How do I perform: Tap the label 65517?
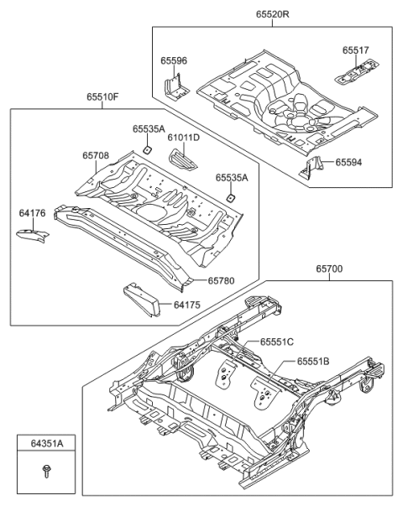[x=354, y=50]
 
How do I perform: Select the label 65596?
[x=174, y=60]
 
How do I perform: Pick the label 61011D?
[x=182, y=137]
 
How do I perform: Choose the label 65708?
[x=95, y=155]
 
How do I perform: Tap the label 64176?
[x=32, y=215]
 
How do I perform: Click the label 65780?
[x=222, y=282]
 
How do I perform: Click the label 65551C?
[x=276, y=342]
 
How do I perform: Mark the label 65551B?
[x=312, y=362]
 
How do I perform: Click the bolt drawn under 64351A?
[x=45, y=473]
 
